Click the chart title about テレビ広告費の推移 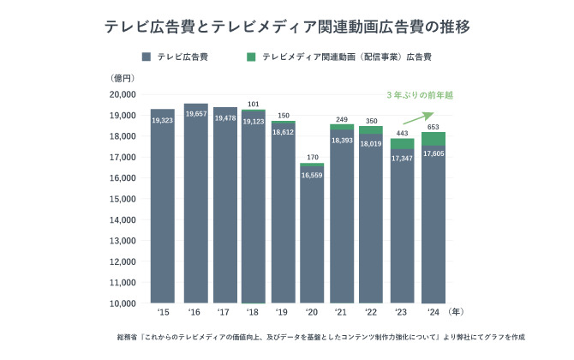click(x=286, y=27)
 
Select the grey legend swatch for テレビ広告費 click(x=146, y=57)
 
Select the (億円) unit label click(x=123, y=77)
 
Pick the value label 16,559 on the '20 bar click(x=312, y=174)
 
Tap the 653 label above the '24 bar click(x=433, y=127)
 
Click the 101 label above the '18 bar click(x=253, y=105)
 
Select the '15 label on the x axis click(x=162, y=312)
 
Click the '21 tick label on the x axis click(x=342, y=312)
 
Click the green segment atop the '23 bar click(x=403, y=143)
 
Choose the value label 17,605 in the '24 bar click(x=433, y=154)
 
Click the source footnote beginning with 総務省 click(x=319, y=338)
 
